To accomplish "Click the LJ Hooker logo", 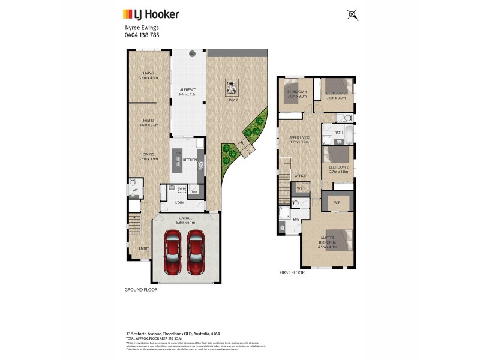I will (150, 14).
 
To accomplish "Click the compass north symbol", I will (353, 14).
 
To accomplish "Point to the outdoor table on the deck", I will (232, 87).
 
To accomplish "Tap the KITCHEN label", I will (190, 160).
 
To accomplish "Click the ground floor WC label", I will (135, 190).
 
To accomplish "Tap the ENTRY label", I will (143, 248).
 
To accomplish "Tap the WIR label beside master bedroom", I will (337, 203).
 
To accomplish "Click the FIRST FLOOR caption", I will (292, 272).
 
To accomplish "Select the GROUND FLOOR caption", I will (142, 289).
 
